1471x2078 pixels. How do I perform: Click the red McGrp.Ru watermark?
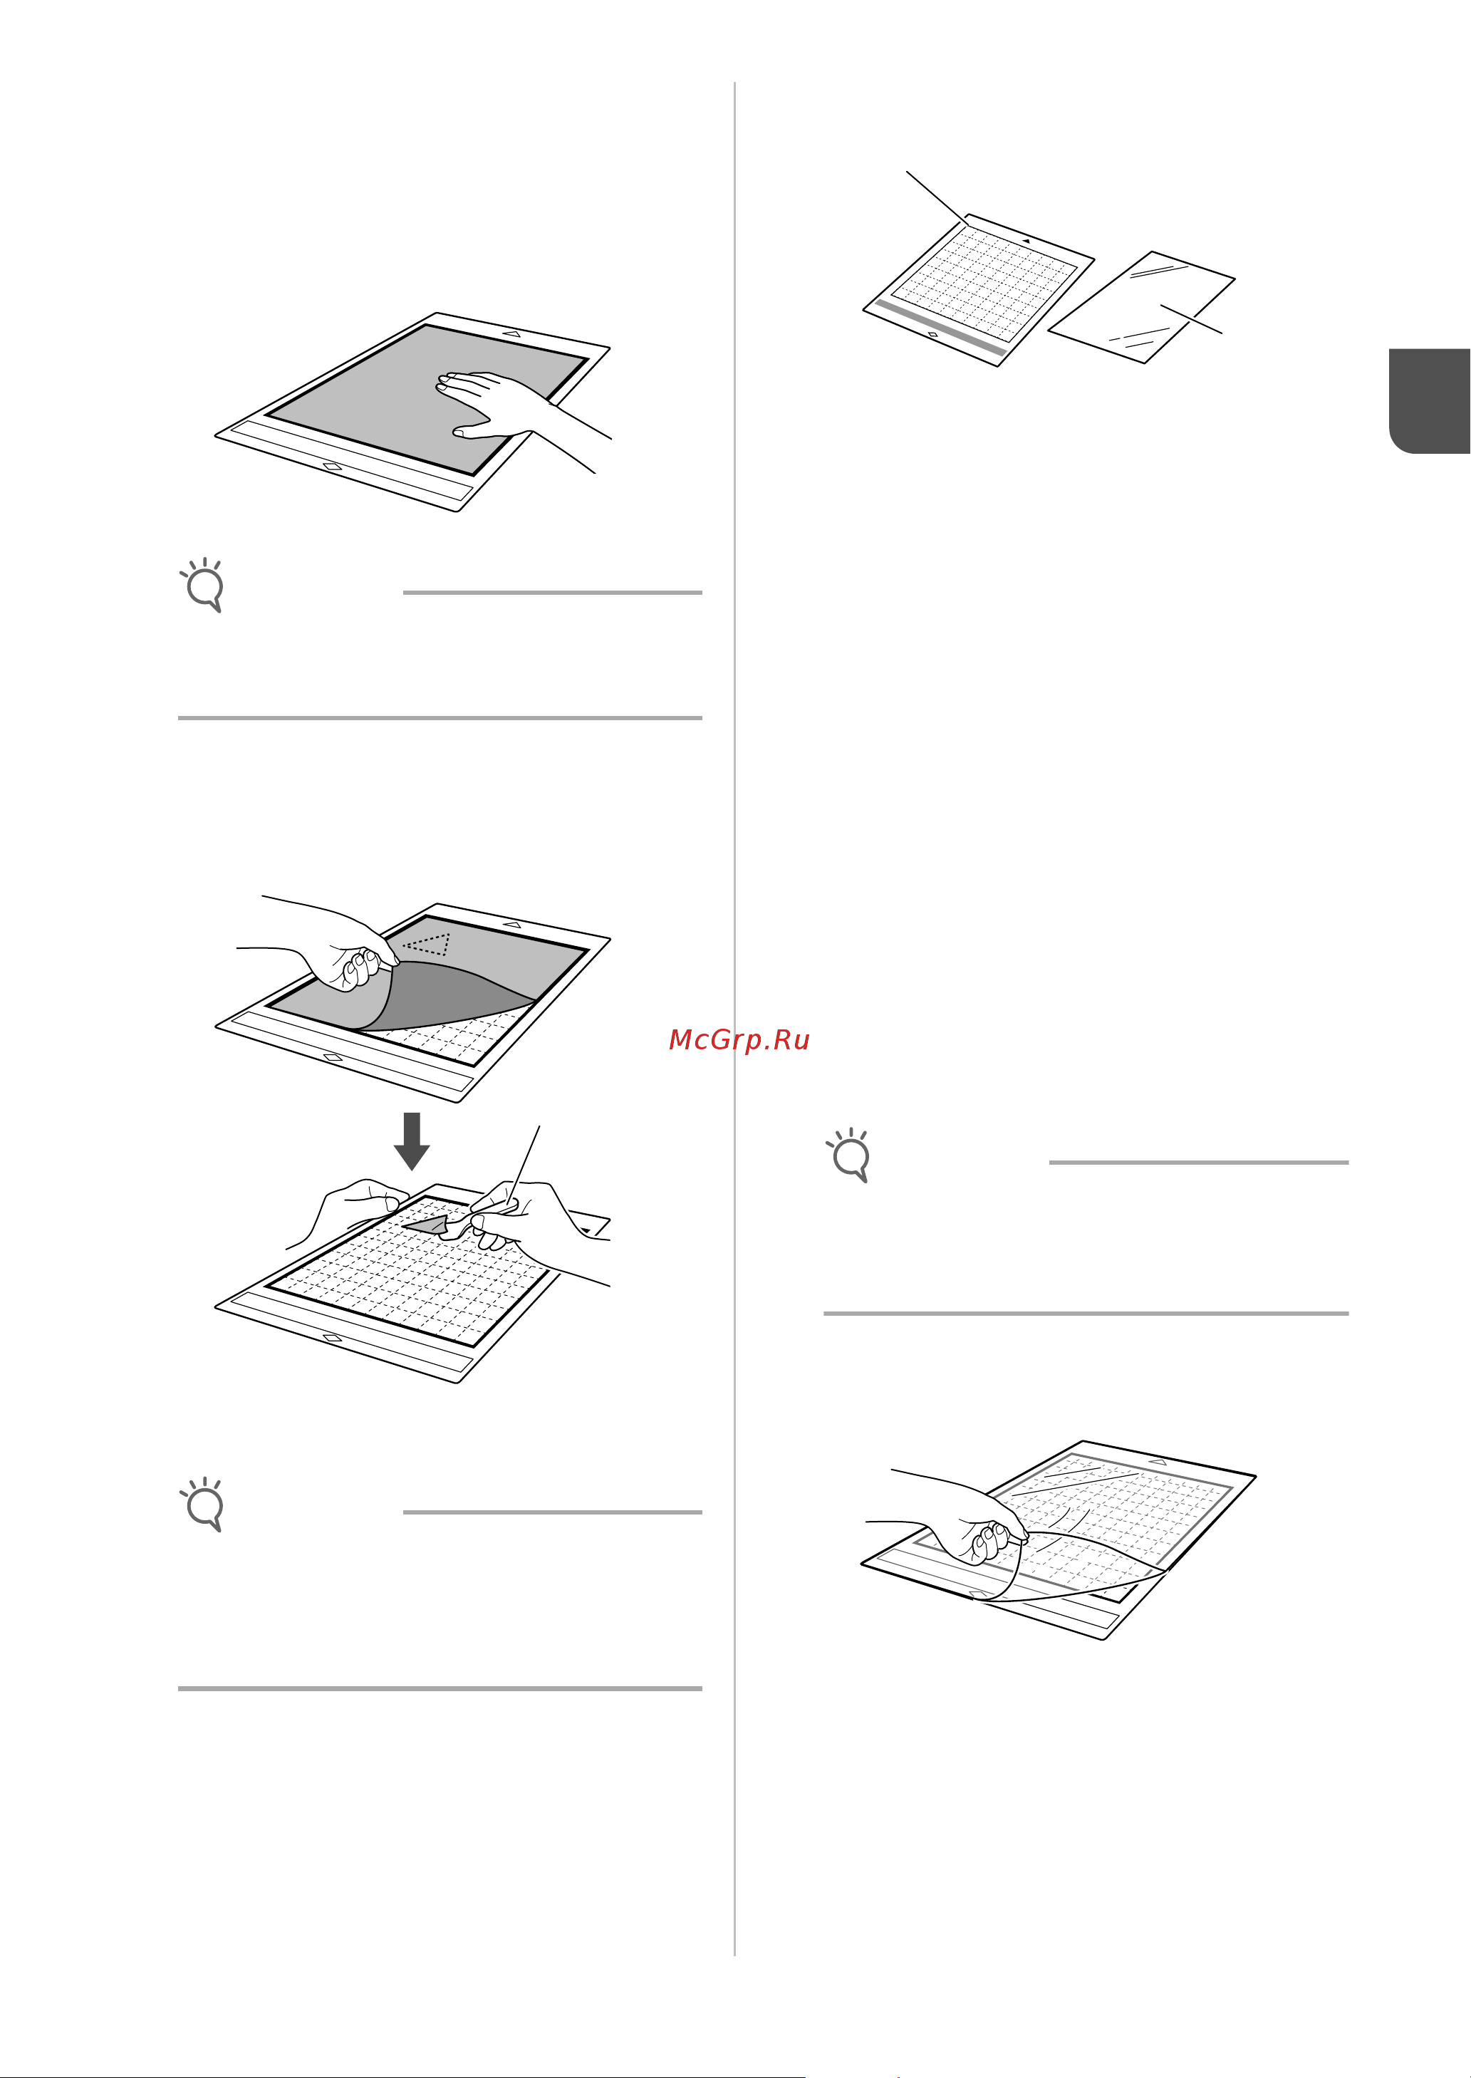coord(739,1040)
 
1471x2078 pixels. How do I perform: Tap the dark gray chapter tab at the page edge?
coord(1430,400)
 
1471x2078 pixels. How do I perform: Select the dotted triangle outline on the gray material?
coord(427,944)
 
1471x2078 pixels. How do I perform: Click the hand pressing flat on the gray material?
coord(516,412)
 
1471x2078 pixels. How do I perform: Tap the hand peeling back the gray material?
coord(326,942)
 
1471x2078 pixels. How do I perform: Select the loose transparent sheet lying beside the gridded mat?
coord(1141,307)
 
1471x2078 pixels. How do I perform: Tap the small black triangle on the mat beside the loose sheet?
coord(1026,241)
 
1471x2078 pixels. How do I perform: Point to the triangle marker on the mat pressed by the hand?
coord(511,334)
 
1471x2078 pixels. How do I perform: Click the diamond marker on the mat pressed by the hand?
coord(333,467)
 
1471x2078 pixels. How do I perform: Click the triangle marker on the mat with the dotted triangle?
coord(511,925)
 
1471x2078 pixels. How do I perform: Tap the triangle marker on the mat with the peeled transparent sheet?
coord(1158,1462)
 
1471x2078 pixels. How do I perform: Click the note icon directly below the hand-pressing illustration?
coord(203,585)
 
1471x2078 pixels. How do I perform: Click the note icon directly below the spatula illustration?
coord(203,1505)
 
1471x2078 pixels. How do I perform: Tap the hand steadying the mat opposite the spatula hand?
coord(349,1210)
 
